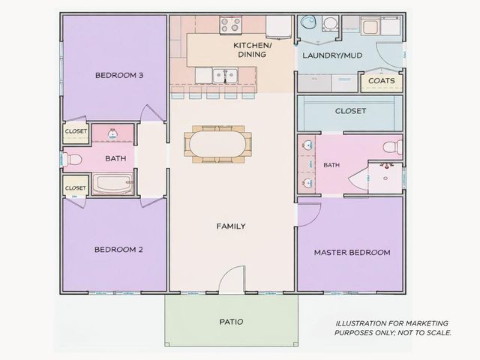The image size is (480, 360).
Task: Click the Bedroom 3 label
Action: coord(119,75)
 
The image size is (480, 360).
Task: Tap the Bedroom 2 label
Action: coord(118,250)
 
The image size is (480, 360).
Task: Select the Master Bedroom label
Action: coord(352,253)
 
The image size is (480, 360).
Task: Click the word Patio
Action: coord(232,322)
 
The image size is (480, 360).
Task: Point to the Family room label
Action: coord(231,226)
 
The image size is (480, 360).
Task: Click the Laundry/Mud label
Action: coord(332,55)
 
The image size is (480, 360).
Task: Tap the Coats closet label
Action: coord(382,81)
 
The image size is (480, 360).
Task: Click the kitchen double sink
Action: coord(225,75)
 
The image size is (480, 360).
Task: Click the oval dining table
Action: coord(217,144)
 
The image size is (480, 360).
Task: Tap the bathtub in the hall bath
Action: coord(113,184)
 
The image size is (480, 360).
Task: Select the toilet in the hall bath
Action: coord(73,159)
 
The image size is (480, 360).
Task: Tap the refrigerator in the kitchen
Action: coord(278,27)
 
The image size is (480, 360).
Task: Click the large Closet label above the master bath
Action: coord(350,111)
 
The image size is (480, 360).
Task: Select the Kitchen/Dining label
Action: coord(252,50)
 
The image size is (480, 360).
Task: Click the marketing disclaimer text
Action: coord(392,328)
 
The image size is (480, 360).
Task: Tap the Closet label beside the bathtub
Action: coord(75,188)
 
